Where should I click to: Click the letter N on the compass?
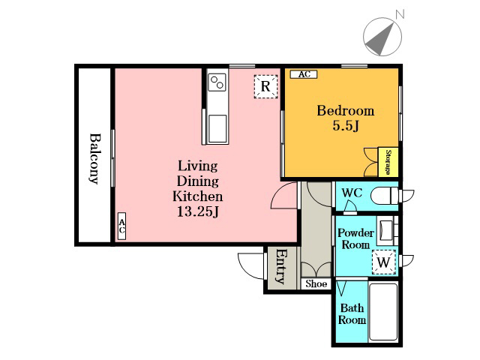400,13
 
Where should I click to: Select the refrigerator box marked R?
265,86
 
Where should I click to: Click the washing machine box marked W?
384,262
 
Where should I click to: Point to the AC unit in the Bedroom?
304,74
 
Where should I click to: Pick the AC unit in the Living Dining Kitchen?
121,226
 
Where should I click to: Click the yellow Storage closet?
388,162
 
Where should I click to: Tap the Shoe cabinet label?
316,283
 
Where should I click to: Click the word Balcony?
95,158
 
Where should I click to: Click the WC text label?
352,193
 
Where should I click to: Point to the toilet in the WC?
385,195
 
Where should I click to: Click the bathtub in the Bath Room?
383,312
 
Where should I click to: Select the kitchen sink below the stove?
217,128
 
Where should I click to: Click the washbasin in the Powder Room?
385,230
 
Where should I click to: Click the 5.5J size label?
346,125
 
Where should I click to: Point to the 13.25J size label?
198,211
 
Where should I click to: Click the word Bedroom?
346,110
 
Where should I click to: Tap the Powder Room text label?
355,238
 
